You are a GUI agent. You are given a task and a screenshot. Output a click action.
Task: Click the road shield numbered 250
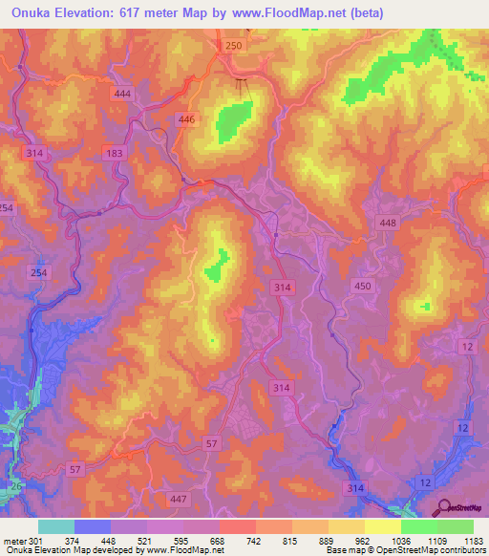click(x=235, y=46)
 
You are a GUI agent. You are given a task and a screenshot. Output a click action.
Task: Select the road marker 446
click(x=186, y=119)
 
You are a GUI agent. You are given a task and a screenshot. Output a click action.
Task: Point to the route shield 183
click(x=116, y=153)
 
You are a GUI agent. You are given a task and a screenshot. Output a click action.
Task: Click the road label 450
click(x=363, y=286)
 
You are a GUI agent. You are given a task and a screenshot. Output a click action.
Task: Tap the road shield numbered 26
click(x=14, y=487)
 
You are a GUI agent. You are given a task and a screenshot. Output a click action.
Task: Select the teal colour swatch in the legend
click(x=55, y=525)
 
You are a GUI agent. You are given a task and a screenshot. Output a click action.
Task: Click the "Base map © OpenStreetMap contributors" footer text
click(x=406, y=549)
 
